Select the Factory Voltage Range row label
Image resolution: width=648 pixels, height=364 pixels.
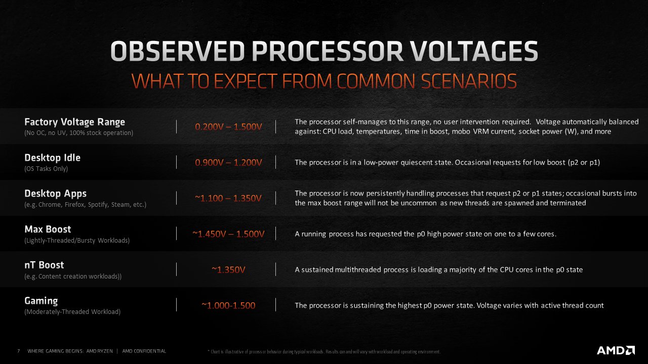tap(74, 122)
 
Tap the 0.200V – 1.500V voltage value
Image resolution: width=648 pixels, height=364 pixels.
tap(228, 126)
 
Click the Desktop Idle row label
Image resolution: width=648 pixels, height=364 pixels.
tap(52, 158)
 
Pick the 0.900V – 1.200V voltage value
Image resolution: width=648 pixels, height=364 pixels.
tap(228, 162)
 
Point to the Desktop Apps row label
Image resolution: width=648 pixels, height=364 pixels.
tap(55, 194)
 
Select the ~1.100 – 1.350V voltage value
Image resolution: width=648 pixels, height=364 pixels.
tap(228, 198)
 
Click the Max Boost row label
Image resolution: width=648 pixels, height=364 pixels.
tap(48, 230)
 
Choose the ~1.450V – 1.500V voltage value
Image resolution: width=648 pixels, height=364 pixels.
tap(228, 234)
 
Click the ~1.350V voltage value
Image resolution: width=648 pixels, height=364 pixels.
tap(228, 270)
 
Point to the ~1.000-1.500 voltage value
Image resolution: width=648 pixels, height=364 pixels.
tap(228, 306)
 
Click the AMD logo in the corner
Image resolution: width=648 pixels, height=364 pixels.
tap(616, 350)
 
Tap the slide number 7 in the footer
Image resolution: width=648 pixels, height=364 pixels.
tap(18, 351)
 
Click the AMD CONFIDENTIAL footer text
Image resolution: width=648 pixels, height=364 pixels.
tap(144, 351)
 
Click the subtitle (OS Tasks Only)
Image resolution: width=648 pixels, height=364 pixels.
tap(46, 169)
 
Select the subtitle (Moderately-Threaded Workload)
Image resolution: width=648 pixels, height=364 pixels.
tap(72, 312)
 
